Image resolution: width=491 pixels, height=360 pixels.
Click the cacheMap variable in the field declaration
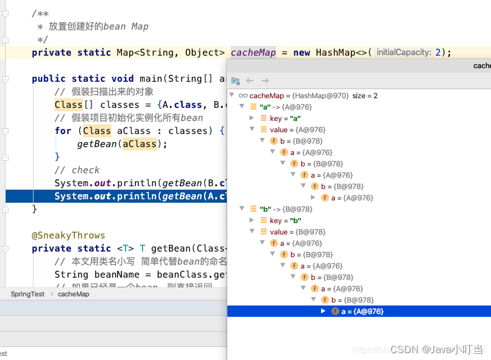253,52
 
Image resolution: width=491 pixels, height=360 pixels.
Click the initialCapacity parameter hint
403,52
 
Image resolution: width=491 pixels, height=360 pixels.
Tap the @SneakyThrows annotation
68,235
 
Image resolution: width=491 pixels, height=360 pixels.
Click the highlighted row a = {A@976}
362,311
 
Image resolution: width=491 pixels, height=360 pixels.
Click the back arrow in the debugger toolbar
250,81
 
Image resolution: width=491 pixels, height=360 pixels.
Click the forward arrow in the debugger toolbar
265,81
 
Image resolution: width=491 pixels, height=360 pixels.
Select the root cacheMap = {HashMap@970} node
299,95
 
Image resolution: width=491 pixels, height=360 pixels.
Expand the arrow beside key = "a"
252,118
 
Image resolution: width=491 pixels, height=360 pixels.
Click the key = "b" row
285,220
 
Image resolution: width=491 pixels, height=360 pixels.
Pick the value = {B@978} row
297,232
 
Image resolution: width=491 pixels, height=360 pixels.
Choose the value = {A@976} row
297,129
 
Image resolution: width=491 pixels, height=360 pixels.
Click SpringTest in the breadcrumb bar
27,294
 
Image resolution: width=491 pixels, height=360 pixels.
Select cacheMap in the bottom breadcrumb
73,294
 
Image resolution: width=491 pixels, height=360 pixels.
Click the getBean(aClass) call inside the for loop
122,144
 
